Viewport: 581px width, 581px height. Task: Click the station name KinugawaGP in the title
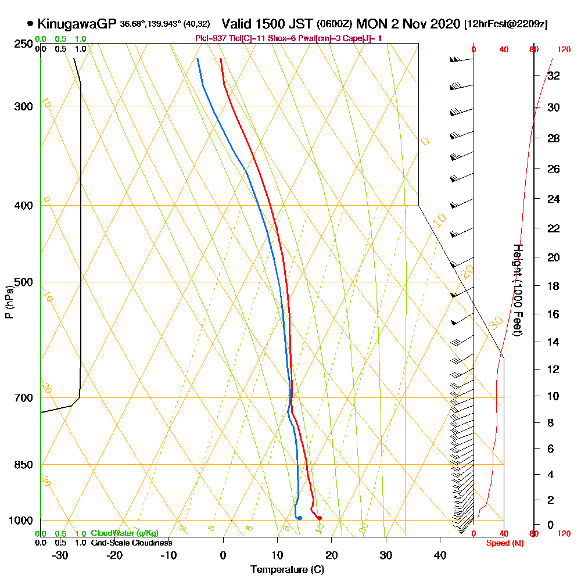click(x=77, y=24)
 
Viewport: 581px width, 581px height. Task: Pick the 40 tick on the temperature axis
click(x=440, y=555)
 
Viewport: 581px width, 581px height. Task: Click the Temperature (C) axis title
click(x=287, y=569)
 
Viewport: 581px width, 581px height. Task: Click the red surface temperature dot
click(x=320, y=518)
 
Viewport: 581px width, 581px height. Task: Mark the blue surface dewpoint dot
click(x=299, y=518)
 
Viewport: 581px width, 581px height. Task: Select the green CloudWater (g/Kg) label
click(x=124, y=533)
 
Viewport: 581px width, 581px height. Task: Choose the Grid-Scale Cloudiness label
click(x=131, y=543)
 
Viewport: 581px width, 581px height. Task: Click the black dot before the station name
click(x=30, y=24)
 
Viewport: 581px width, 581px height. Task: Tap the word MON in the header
click(x=370, y=24)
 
